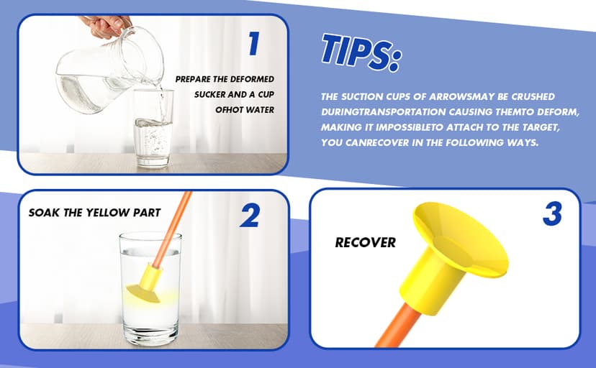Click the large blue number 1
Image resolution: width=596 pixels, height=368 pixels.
(254, 43)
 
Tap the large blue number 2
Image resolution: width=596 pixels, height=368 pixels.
(250, 216)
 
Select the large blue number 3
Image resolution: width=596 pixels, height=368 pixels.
(552, 213)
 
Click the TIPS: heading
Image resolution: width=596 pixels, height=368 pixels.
(361, 52)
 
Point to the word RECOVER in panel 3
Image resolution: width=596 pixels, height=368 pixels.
(365, 242)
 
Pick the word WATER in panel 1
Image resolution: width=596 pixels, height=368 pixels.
(260, 110)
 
